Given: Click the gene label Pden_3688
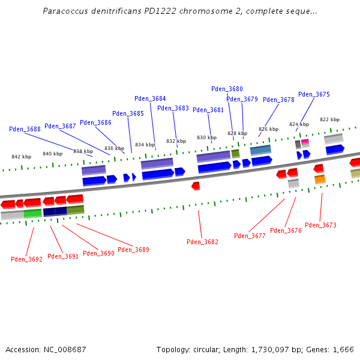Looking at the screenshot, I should pyautogui.click(x=25, y=129).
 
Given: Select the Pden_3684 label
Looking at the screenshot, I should pyautogui.click(x=150, y=98).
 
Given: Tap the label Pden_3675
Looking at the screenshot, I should pyautogui.click(x=314, y=94).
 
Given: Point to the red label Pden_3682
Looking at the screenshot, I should pyautogui.click(x=202, y=242).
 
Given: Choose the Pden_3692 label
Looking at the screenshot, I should pyautogui.click(x=26, y=259).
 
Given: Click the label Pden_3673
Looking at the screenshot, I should pyautogui.click(x=320, y=225).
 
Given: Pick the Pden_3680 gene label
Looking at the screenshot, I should pyautogui.click(x=227, y=89).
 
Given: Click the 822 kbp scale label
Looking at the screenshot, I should pyautogui.click(x=329, y=119).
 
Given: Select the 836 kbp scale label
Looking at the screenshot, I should pyautogui.click(x=114, y=148).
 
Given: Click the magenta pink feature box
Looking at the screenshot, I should pyautogui.click(x=305, y=142).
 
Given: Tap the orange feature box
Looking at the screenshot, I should pyautogui.click(x=320, y=179).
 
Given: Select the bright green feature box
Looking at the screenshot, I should pyautogui.click(x=32, y=213).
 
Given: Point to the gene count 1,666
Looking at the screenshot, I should pyautogui.click(x=343, y=349).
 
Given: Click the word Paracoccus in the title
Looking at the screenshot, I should pyautogui.click(x=62, y=11).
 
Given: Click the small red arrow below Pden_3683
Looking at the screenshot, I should pyautogui.click(x=196, y=186).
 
